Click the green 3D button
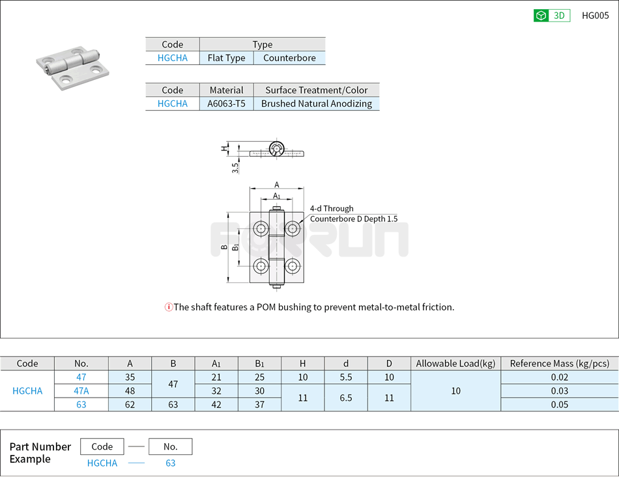click(x=551, y=16)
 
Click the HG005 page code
click(x=595, y=16)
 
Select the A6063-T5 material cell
click(x=226, y=103)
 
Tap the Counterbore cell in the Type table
click(x=289, y=58)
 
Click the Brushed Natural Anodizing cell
click(x=316, y=103)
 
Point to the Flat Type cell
click(x=226, y=58)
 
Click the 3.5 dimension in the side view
click(x=235, y=167)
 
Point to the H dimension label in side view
click(x=224, y=148)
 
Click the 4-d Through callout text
click(x=332, y=208)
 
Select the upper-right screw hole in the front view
click(x=293, y=228)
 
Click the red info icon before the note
click(x=169, y=307)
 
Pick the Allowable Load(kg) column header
click(x=455, y=363)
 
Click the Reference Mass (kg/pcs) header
click(x=559, y=363)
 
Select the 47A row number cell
click(x=81, y=390)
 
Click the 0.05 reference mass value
click(x=559, y=404)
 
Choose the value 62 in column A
click(x=130, y=404)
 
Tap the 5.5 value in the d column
click(x=346, y=377)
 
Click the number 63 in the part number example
click(x=170, y=463)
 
